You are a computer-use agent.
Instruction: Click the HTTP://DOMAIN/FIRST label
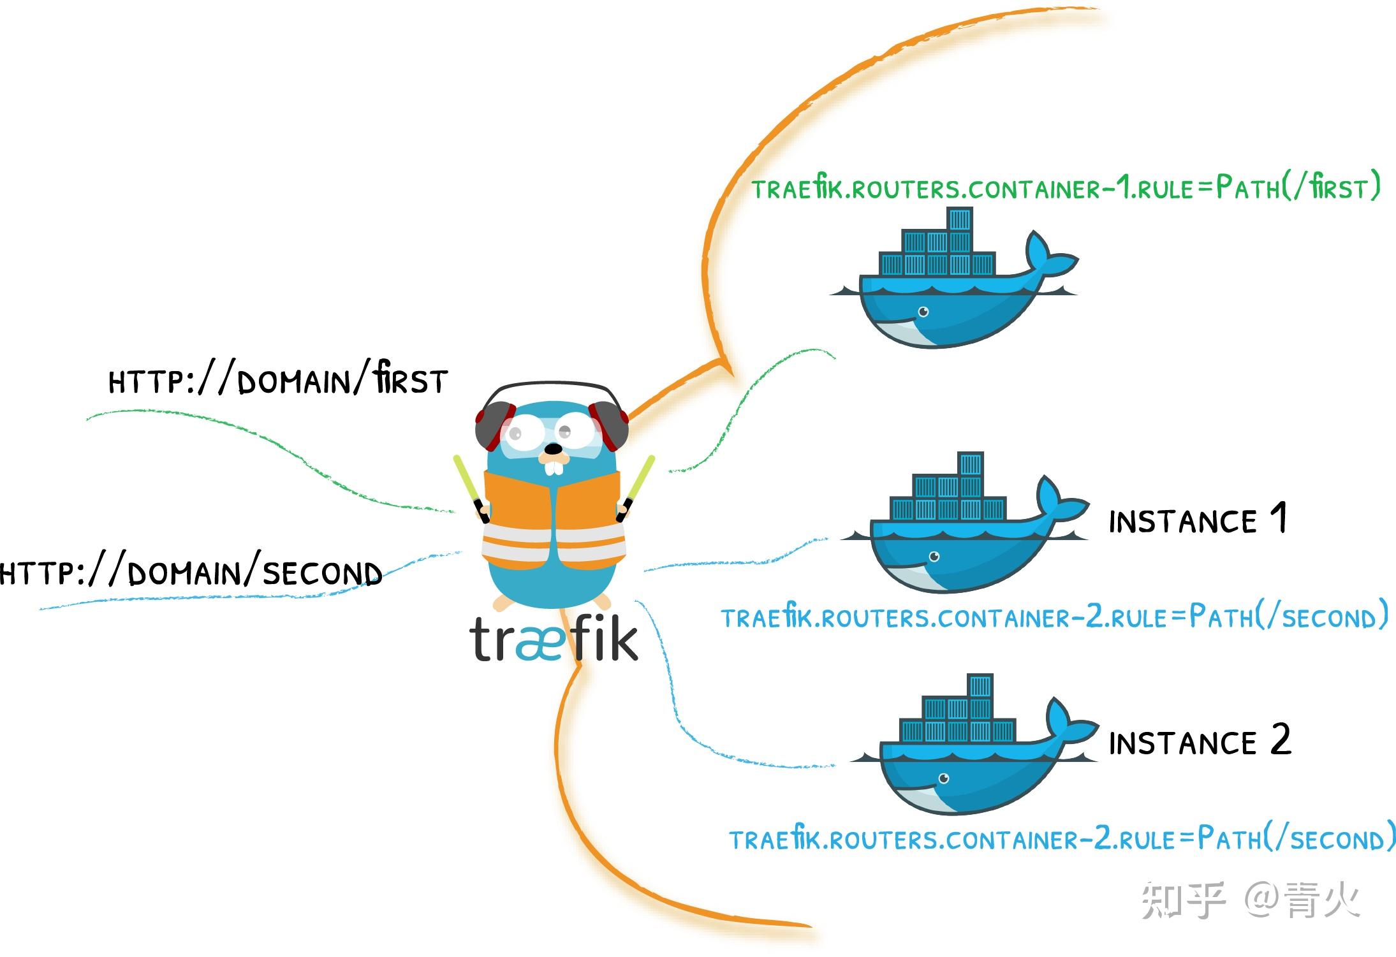278,381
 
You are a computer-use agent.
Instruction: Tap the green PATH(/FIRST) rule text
1066,188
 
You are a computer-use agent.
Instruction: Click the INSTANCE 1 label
1198,520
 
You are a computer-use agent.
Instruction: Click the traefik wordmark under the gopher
554,639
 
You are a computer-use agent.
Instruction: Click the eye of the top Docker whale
923,312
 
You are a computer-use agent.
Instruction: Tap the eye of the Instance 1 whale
934,557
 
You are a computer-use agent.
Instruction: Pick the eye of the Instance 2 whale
944,778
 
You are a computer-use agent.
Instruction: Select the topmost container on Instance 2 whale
980,687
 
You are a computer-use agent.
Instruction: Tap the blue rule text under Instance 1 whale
1054,617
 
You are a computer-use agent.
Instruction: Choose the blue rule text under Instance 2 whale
1062,839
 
